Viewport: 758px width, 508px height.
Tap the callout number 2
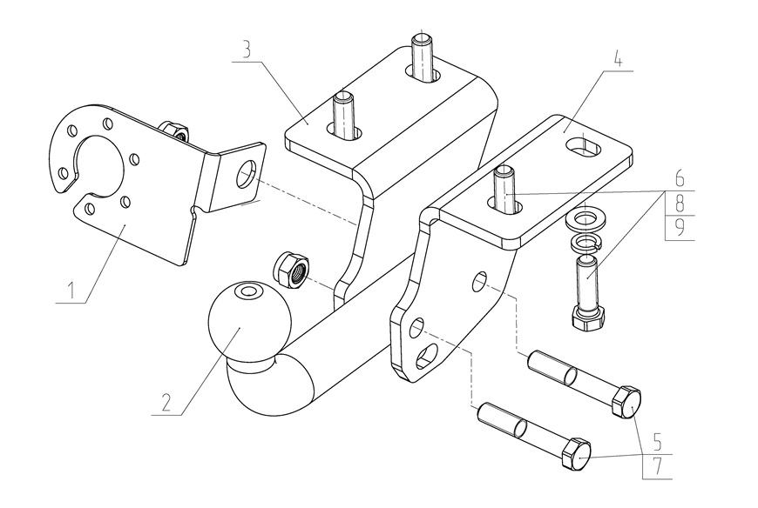pos(165,403)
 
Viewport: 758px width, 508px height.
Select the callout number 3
pos(247,49)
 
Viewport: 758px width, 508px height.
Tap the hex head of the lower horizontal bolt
pos(578,453)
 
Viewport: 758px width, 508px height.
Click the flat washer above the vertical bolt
pos(586,217)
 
